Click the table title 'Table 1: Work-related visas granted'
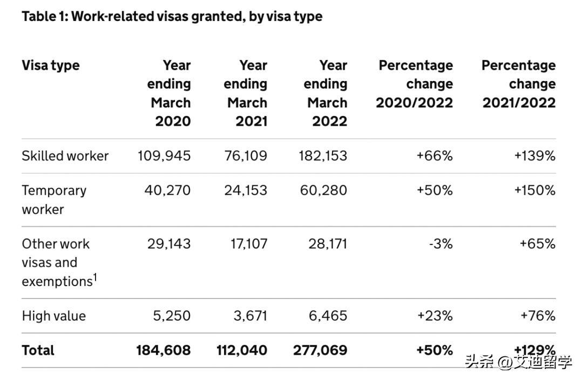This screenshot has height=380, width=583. click(x=172, y=16)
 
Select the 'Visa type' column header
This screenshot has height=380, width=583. click(x=50, y=65)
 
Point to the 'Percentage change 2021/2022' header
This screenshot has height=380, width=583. click(x=518, y=84)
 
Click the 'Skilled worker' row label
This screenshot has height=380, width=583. click(x=65, y=156)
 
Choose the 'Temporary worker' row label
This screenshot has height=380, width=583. click(x=54, y=199)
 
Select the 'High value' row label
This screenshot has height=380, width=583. click(x=53, y=316)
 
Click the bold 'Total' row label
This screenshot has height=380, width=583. click(x=38, y=350)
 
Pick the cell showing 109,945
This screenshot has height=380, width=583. click(x=164, y=156)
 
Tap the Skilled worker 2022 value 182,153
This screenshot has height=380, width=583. click(x=323, y=156)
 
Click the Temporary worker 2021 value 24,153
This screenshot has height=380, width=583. click(x=246, y=191)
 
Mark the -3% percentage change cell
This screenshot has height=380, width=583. click(x=440, y=243)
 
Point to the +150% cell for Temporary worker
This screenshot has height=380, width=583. click(x=534, y=191)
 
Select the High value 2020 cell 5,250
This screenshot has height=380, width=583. click(x=172, y=316)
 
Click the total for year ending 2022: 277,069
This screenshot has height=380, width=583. click(x=320, y=350)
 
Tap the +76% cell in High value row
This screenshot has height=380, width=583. click(x=538, y=316)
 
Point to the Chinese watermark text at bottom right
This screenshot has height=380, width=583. click(x=518, y=362)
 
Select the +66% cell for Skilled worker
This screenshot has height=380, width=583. click(x=435, y=156)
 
